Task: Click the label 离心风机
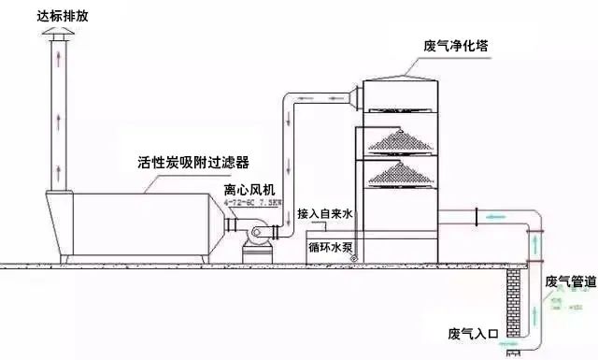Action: click(248, 191)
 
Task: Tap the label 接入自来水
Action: click(322, 213)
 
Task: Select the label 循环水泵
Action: click(327, 248)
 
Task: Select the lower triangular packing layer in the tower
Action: click(401, 174)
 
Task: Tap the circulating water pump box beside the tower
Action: click(327, 246)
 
